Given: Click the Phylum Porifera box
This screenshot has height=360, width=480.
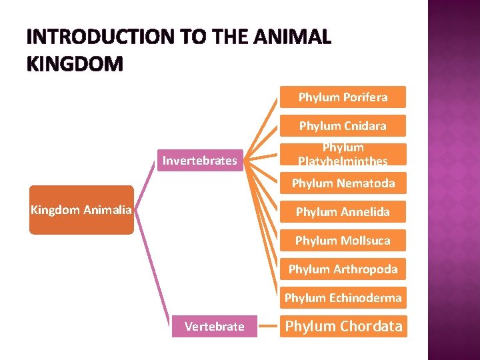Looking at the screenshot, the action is (343, 97).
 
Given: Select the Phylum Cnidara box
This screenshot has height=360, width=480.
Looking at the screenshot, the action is (343, 126).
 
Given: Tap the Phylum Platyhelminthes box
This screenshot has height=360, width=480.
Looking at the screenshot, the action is (343, 154).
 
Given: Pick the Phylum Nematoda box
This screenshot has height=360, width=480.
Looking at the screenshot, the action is (343, 183).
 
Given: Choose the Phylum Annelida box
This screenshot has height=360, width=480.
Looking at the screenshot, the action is (343, 212).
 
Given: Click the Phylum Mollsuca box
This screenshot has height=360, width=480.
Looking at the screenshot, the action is (343, 241).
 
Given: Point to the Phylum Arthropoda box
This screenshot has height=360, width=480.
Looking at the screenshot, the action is (343, 269).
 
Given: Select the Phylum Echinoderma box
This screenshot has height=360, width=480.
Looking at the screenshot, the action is (343, 298).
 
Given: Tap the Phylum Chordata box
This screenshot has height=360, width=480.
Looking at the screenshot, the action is (343, 327).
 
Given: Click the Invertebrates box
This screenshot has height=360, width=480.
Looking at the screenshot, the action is (200, 160).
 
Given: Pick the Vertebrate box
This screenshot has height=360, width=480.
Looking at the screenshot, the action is (214, 327).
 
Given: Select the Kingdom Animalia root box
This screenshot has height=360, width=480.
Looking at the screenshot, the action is (81, 211).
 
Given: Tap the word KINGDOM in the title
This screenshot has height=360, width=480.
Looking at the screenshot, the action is (75, 64).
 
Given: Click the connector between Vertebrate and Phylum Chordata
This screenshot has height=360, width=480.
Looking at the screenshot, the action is (268, 327).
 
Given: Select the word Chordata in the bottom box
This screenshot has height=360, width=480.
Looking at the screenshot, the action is (371, 327).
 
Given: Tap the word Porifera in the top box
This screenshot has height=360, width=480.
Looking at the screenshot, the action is (365, 97).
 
